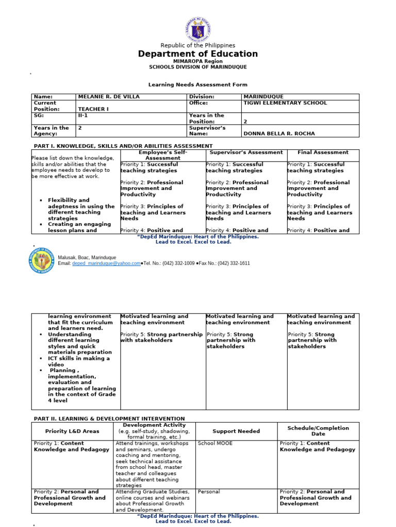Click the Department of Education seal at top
click(x=198, y=29)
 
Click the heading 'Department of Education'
click(x=198, y=54)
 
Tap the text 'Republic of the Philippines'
click(x=198, y=45)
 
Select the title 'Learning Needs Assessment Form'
click(x=198, y=84)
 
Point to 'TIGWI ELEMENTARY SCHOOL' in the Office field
click(x=285, y=103)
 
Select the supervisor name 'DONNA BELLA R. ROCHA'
click(x=278, y=134)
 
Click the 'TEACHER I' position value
click(x=92, y=109)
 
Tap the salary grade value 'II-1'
click(x=83, y=116)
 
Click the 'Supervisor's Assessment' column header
click(x=246, y=152)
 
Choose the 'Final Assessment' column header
click(x=323, y=152)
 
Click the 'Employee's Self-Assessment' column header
click(x=163, y=155)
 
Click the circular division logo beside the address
click(x=41, y=260)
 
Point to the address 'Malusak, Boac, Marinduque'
click(x=87, y=257)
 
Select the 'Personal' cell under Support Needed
click(x=209, y=491)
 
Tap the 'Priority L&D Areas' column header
click(x=72, y=431)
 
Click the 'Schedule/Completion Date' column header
click(x=318, y=431)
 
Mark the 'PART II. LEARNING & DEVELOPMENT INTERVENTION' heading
click(x=109, y=419)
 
